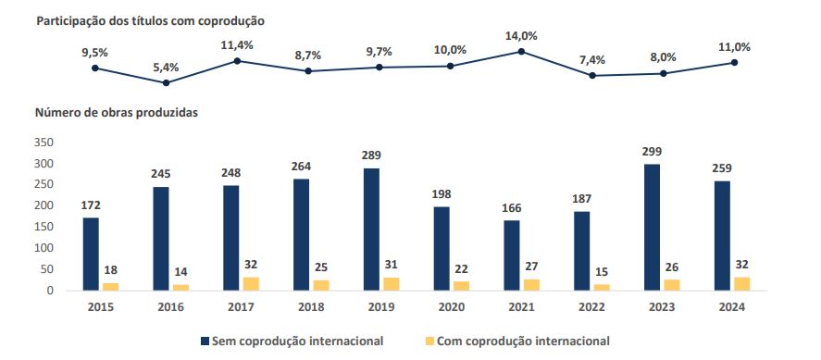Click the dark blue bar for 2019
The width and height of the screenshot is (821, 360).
(x=371, y=230)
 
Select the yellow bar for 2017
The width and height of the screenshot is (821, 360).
(x=252, y=284)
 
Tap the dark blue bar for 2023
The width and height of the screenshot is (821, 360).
(x=652, y=228)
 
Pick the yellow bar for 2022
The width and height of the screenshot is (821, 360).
(x=603, y=288)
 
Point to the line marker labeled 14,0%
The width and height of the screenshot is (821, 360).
(x=521, y=52)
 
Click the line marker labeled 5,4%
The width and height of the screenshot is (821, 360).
(x=166, y=83)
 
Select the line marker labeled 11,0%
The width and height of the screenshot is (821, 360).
(x=734, y=63)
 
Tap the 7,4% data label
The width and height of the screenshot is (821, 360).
(x=592, y=60)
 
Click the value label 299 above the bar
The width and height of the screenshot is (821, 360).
(x=652, y=151)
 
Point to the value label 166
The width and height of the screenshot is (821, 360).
(x=512, y=207)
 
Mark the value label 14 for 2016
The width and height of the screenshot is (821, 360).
(x=181, y=271)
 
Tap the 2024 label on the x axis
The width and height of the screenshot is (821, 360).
(x=732, y=307)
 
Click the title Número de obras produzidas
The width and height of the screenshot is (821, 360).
(x=117, y=112)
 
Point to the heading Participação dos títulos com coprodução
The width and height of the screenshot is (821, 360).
(x=150, y=19)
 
